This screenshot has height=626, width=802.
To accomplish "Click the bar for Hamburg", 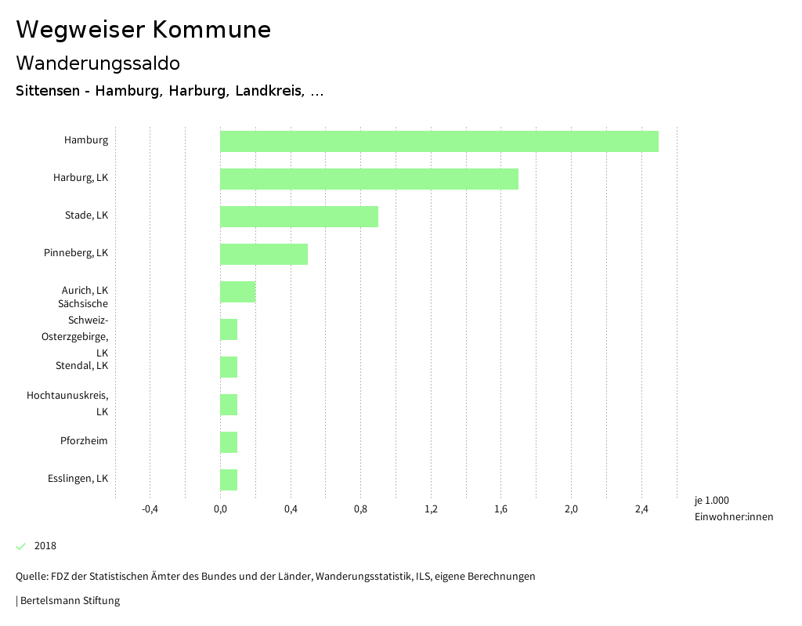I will [x=439, y=141].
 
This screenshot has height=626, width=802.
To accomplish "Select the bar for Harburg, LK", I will [x=369, y=179].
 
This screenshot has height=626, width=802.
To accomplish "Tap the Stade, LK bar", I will [x=299, y=216].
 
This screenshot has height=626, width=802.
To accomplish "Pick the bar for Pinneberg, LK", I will [x=264, y=254].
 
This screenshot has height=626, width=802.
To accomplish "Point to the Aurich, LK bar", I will [x=237, y=291].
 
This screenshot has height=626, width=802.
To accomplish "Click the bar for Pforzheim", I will [x=229, y=442].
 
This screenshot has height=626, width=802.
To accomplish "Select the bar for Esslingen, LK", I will [x=229, y=479].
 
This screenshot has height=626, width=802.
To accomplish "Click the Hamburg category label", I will [x=86, y=140].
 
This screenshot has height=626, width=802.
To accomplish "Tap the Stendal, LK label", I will [x=81, y=366].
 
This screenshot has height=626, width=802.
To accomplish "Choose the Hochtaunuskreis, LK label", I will [x=67, y=403].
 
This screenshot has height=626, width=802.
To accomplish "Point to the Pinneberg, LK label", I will [x=76, y=253].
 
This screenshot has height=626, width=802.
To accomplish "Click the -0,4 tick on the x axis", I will [x=150, y=509].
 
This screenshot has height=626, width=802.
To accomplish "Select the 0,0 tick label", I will [x=220, y=509].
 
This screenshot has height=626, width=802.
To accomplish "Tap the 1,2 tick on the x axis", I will [x=431, y=509].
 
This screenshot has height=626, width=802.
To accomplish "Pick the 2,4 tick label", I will [x=641, y=509].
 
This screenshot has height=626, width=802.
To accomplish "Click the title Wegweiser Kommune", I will [x=143, y=30].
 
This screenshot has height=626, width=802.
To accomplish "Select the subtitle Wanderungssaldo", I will [x=98, y=63].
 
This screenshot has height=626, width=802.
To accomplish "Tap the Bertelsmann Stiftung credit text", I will [x=69, y=601].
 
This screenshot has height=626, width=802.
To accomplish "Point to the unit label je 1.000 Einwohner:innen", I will [x=733, y=508].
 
